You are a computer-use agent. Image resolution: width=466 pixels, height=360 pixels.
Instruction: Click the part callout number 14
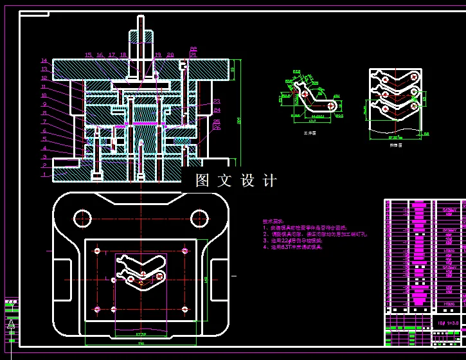[x=44, y=61]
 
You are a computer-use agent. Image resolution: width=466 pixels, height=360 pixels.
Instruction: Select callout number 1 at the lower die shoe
[x=44, y=174]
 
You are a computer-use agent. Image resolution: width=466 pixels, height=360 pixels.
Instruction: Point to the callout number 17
[x=112, y=55]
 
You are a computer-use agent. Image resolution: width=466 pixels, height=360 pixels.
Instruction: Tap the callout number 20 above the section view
[x=170, y=55]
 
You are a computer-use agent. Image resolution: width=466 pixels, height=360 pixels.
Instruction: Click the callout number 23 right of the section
[x=217, y=102]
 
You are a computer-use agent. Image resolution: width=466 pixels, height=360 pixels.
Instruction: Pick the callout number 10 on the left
[x=44, y=96]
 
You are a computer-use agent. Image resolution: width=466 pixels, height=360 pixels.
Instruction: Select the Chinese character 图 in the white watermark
[x=202, y=181]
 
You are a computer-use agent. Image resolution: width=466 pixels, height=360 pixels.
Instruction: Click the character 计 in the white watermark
[x=269, y=181]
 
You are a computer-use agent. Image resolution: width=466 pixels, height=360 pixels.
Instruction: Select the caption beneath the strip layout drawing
[x=395, y=146]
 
